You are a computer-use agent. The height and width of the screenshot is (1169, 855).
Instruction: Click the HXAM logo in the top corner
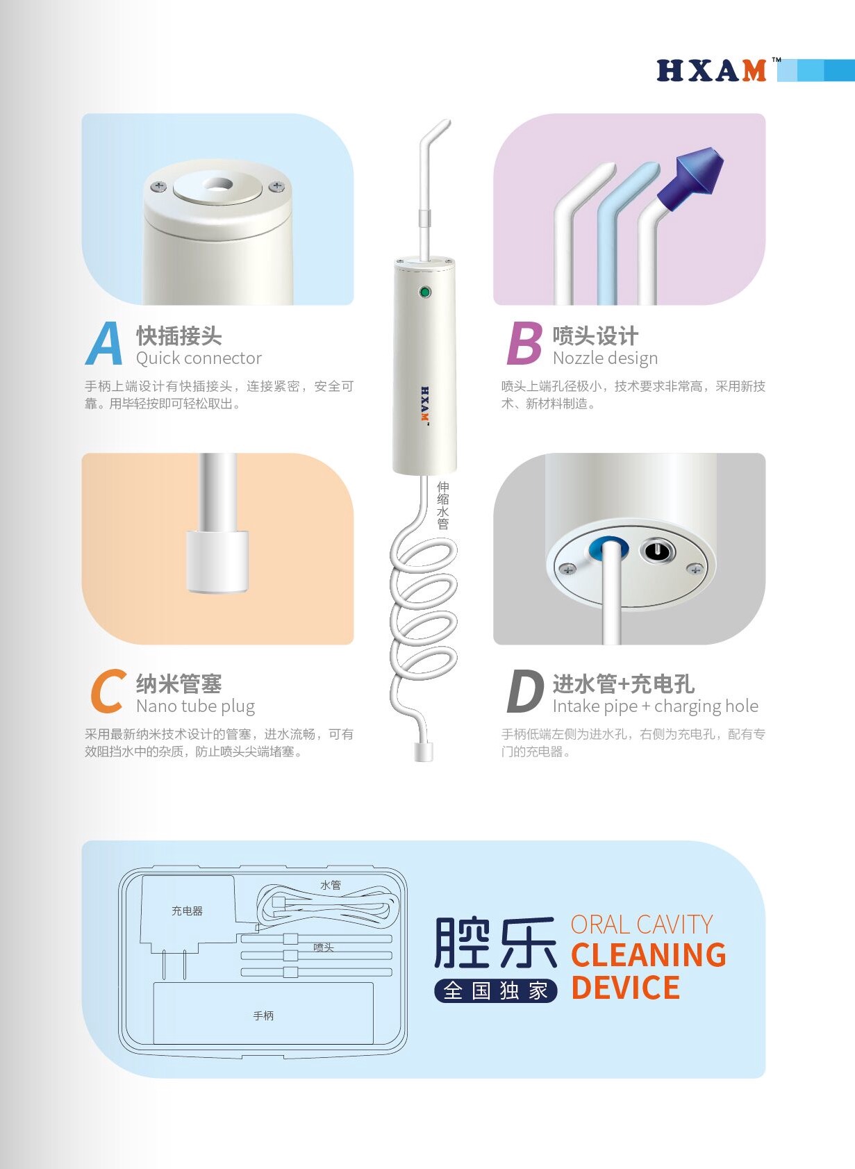click(x=711, y=70)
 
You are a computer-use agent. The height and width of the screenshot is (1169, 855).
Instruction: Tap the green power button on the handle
click(x=425, y=292)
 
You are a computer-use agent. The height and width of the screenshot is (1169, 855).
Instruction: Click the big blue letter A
click(x=105, y=343)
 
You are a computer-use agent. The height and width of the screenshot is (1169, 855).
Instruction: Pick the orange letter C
click(x=108, y=691)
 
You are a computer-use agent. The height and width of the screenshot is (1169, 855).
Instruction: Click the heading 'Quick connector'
click(x=199, y=358)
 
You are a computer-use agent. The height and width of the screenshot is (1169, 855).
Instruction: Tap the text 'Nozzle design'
click(x=606, y=358)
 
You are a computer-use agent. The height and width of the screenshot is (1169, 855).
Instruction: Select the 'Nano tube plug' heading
click(x=196, y=706)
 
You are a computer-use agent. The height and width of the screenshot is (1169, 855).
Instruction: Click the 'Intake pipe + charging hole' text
click(x=656, y=706)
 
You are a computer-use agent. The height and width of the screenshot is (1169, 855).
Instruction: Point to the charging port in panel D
click(x=658, y=551)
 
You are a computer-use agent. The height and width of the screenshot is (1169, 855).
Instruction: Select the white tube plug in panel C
click(x=217, y=561)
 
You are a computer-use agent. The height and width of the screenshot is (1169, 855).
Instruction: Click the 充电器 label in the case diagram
click(x=187, y=911)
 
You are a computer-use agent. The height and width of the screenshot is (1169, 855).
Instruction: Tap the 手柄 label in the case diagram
click(x=263, y=1015)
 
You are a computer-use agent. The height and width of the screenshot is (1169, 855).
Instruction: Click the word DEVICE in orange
click(x=625, y=988)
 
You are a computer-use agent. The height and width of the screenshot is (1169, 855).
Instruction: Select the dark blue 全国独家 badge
click(x=495, y=990)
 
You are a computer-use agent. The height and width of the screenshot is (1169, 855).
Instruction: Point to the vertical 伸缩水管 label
click(x=442, y=505)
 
